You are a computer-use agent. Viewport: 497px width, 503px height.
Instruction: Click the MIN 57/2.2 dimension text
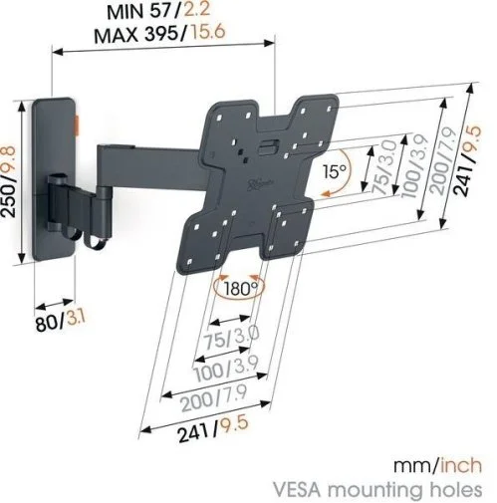pos(158,11)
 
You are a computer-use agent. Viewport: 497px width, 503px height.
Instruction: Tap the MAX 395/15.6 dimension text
pos(159,33)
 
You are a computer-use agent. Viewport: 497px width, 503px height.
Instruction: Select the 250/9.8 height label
pos(8,181)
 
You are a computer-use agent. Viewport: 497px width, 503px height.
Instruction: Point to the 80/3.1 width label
pos(61,322)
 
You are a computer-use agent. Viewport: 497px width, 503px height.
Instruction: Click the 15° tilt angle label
pos(335,171)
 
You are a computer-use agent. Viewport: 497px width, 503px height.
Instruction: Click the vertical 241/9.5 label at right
pos(466,161)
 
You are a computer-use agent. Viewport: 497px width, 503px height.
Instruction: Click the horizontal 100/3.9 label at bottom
pos(226,370)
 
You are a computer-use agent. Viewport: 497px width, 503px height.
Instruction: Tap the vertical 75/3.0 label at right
pos(384,167)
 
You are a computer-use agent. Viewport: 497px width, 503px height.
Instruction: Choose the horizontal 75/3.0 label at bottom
pos(231,338)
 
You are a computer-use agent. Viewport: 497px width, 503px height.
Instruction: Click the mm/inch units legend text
pos(437,465)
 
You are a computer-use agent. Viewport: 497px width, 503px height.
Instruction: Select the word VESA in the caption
pos(298,490)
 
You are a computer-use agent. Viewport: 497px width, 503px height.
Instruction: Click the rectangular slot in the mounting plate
pos(269,146)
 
